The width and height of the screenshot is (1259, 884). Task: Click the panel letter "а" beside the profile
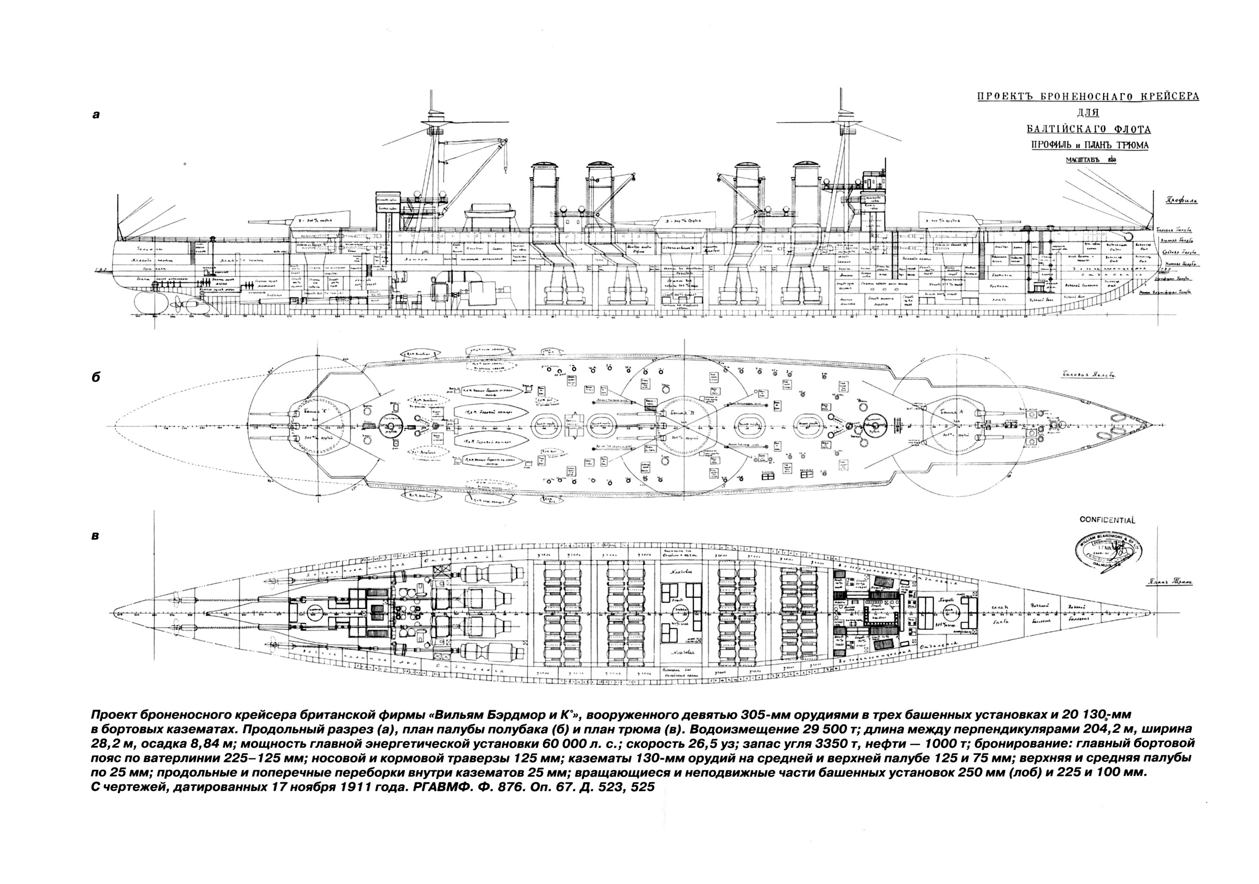coord(96,115)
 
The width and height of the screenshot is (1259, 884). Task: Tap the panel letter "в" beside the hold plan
coord(96,536)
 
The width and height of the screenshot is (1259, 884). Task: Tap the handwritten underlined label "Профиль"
coord(1179,200)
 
